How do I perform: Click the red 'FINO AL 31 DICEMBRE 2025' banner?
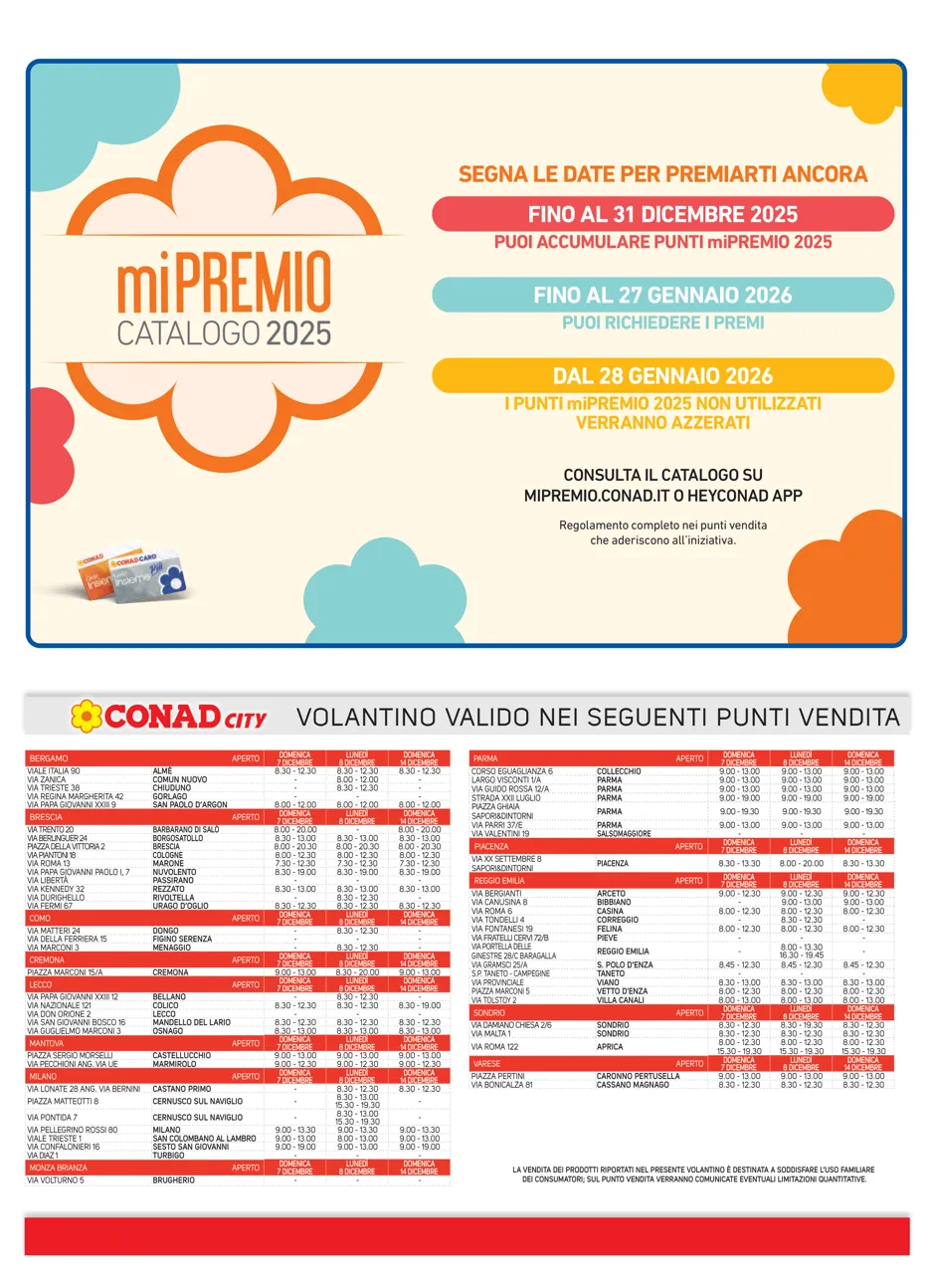tap(662, 214)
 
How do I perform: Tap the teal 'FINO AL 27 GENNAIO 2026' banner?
tap(662, 296)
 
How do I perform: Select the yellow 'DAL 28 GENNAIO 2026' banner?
tap(662, 376)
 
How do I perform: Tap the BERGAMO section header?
tap(50, 758)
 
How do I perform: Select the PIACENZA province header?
tap(491, 846)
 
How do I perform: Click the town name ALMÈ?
tap(162, 771)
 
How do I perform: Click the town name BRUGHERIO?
tap(174, 1179)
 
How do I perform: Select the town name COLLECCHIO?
tap(619, 771)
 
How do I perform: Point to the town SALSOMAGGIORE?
tap(624, 833)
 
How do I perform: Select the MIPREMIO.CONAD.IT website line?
tap(662, 495)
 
